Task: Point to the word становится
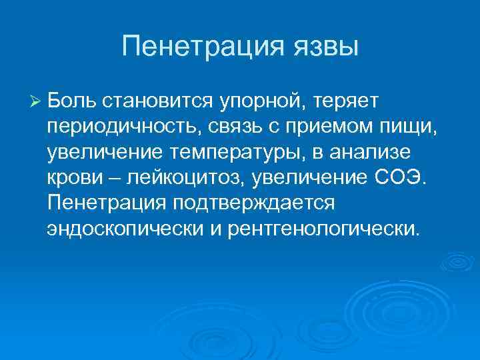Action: click(x=157, y=100)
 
